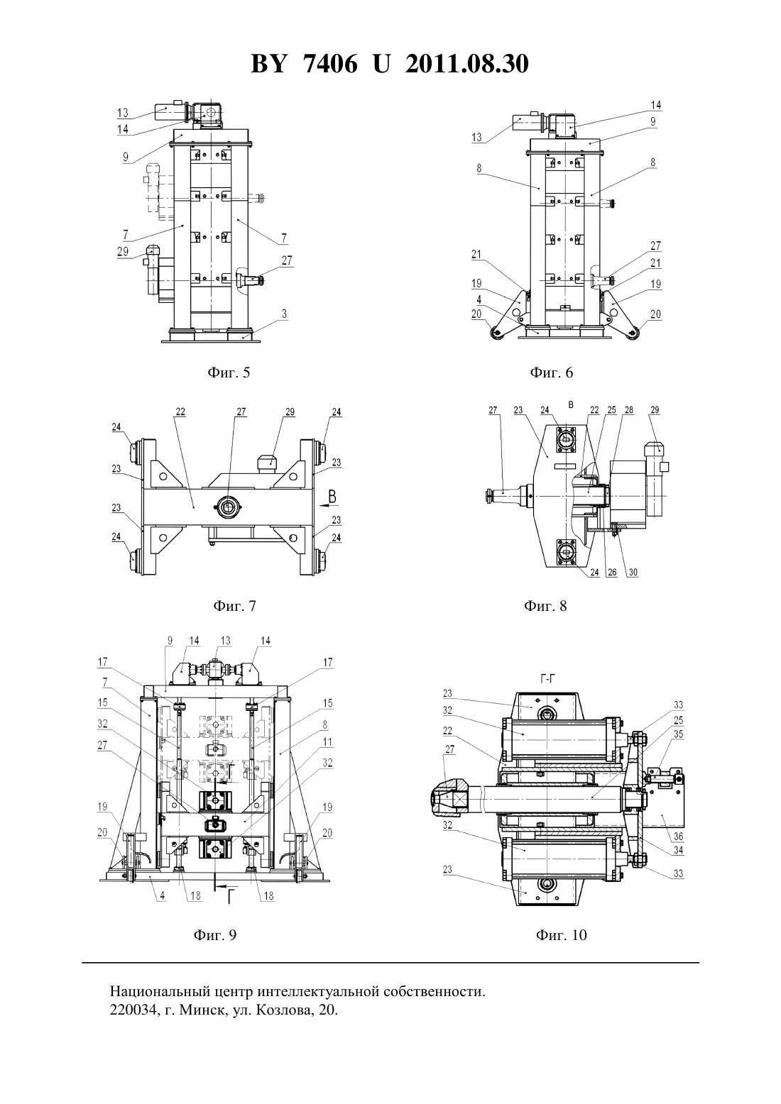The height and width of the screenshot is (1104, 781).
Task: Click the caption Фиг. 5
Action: tap(229, 372)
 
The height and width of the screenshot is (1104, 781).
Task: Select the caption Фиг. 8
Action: tap(545, 606)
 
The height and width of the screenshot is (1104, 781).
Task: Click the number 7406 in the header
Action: tap(329, 64)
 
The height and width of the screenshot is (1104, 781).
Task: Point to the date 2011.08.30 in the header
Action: tap(467, 64)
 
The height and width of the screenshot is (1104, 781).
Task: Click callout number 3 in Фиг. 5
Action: tap(285, 314)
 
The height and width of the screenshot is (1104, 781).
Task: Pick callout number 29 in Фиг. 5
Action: tap(123, 251)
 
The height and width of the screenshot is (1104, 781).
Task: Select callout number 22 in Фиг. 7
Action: tap(180, 412)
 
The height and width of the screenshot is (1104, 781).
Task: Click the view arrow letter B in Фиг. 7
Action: tap(332, 497)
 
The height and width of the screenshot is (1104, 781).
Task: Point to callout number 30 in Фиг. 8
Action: tap(633, 572)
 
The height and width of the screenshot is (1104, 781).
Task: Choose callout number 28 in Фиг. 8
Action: tap(628, 409)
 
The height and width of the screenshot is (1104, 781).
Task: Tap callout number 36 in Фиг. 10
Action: tap(679, 837)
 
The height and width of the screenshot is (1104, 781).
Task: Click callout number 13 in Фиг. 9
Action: tap(225, 641)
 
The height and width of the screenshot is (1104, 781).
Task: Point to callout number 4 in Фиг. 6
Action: tap(479, 299)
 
